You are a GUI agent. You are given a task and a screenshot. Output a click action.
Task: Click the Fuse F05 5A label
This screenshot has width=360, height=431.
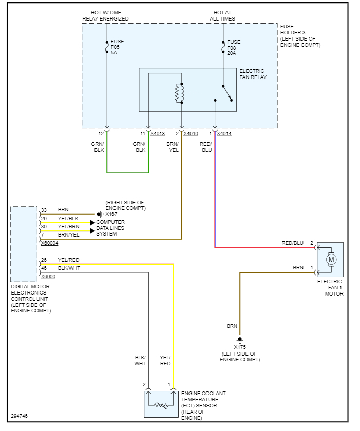117,46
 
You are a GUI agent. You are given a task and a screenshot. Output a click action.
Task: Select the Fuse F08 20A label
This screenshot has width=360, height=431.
234,47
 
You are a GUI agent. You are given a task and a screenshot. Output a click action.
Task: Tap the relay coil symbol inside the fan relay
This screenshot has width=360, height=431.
179,92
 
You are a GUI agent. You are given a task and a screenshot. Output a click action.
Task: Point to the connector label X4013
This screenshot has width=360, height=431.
158,134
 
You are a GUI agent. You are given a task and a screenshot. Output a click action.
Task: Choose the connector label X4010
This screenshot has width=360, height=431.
191,134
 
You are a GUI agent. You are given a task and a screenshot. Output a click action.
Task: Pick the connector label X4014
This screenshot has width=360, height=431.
224,134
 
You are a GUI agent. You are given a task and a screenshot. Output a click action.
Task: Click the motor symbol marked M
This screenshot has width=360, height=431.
331,260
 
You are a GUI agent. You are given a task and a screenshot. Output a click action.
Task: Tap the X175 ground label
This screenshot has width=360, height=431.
240,347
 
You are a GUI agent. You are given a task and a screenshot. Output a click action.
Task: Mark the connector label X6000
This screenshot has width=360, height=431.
48,276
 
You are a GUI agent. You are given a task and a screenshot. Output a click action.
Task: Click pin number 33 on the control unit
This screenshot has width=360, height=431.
44,210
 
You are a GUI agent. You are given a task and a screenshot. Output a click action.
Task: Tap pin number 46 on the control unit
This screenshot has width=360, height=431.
44,268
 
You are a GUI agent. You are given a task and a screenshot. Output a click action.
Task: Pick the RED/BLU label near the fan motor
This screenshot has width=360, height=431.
292,243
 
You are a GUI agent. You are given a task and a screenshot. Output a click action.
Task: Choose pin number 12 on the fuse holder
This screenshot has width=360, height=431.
101,134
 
